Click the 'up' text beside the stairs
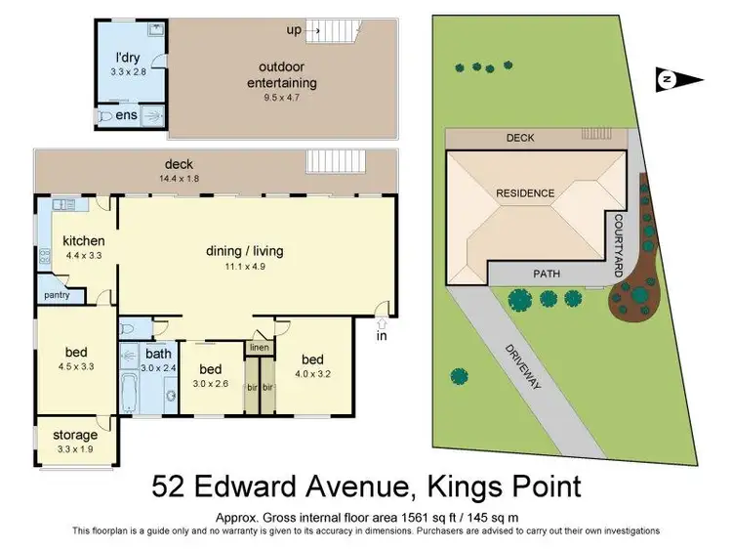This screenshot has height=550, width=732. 294,29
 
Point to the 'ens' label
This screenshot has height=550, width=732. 127,115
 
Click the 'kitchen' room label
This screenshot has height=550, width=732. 83,241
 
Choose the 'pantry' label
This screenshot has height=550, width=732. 55,293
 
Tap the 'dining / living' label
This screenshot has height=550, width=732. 244,249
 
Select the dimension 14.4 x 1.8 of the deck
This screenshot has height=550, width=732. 183,178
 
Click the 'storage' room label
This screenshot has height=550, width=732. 74,435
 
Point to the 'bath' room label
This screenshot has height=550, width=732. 158,354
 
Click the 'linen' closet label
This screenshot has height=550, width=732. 259,347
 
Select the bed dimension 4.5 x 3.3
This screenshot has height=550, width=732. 74,369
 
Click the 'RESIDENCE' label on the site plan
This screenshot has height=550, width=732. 525,192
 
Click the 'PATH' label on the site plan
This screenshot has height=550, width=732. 547,275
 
